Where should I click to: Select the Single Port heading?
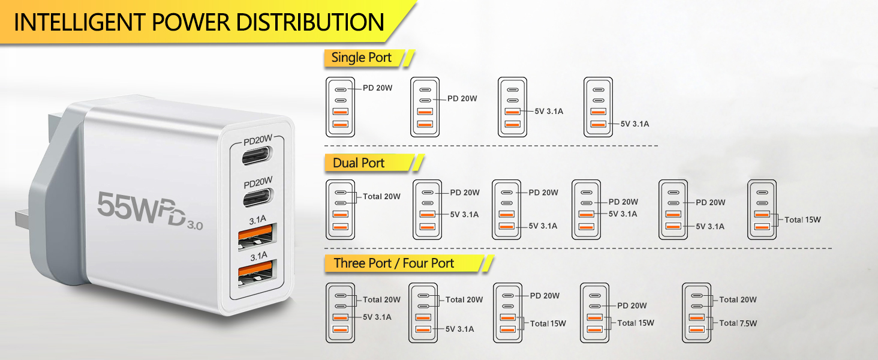click(x=361, y=58)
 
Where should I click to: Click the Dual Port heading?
click(x=359, y=163)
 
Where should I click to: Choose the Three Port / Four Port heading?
click(x=393, y=263)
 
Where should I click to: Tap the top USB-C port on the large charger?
click(x=258, y=157)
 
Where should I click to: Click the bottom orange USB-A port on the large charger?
click(x=257, y=273)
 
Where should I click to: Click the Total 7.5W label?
click(x=738, y=323)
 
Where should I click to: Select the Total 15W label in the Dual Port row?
click(x=802, y=220)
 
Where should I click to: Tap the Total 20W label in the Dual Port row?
click(x=381, y=196)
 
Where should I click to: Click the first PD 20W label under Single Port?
click(x=377, y=88)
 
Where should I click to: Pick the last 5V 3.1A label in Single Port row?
click(x=635, y=124)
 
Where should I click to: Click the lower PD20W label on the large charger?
click(x=258, y=180)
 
